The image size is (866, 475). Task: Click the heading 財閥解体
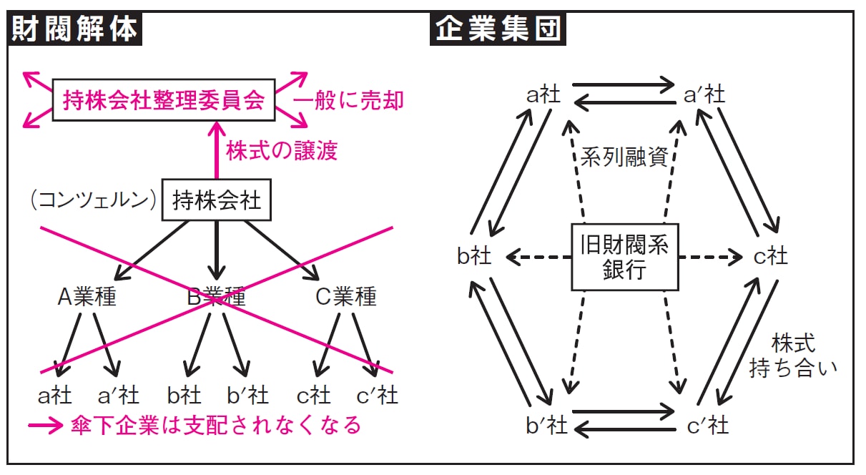(74, 30)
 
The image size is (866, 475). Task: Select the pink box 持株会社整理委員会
(164, 100)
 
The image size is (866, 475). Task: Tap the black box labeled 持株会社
(216, 201)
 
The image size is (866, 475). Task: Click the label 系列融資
(624, 157)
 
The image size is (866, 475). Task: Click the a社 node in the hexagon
(543, 94)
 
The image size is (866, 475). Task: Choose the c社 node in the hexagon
(770, 256)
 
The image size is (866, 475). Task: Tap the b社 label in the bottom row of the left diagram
(184, 395)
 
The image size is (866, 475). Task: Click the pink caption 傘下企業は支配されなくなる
(217, 426)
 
